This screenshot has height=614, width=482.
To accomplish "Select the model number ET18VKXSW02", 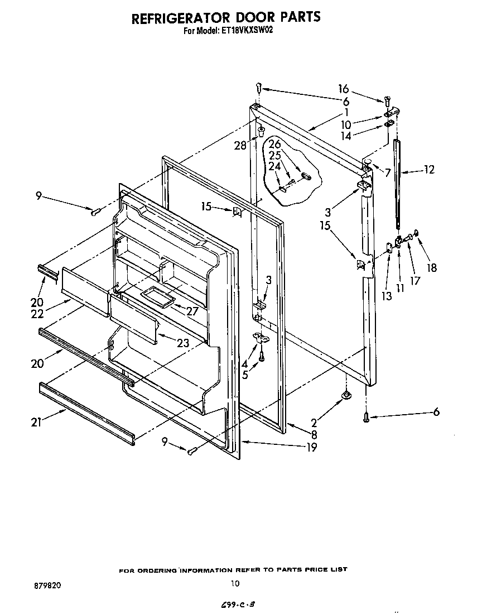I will pos(246,31).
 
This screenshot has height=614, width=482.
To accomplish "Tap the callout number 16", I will pos(343,89).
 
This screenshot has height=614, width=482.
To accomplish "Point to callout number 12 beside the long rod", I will pos(428,170).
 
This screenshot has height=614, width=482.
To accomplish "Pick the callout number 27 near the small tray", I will pos(192,311).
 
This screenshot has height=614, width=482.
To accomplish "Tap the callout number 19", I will pos(311,447).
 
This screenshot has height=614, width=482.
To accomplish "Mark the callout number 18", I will pos(432,268).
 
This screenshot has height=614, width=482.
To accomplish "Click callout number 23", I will pos(183,343).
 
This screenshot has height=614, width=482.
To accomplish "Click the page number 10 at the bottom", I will pos(235,584).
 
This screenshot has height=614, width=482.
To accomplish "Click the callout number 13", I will pos(387,296).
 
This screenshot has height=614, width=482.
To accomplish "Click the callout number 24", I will pos(274,166).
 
